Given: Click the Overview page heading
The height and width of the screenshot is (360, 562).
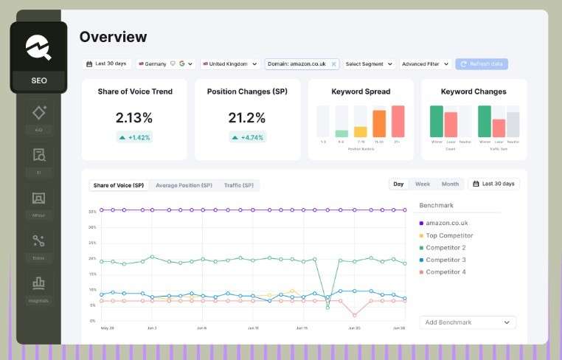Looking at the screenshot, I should (113, 37).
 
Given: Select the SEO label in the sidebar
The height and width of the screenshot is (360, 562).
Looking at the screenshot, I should (38, 80).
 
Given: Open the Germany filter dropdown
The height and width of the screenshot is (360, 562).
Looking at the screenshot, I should (165, 64).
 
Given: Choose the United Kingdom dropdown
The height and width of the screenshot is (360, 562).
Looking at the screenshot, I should (230, 64).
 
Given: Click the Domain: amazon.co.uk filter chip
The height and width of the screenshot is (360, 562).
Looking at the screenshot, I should (297, 64).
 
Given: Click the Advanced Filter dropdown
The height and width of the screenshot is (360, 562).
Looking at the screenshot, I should (425, 64).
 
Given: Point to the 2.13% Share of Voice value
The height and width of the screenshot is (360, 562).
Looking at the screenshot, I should (134, 117).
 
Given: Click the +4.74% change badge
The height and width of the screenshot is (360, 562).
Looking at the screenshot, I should (247, 137).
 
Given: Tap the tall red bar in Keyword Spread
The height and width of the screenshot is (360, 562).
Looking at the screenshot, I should (398, 121).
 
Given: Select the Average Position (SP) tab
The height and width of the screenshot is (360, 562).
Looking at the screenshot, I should (184, 185).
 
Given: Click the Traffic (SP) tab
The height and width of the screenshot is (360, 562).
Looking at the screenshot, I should (238, 185).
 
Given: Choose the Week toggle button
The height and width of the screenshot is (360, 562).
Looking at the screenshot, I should (423, 184).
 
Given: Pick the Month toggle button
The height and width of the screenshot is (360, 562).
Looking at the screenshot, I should (450, 184).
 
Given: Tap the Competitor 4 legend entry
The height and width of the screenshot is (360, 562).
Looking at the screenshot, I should (445, 272).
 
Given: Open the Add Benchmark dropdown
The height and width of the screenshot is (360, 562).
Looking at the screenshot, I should (468, 322).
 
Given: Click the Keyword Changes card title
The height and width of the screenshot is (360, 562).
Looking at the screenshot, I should (473, 91).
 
